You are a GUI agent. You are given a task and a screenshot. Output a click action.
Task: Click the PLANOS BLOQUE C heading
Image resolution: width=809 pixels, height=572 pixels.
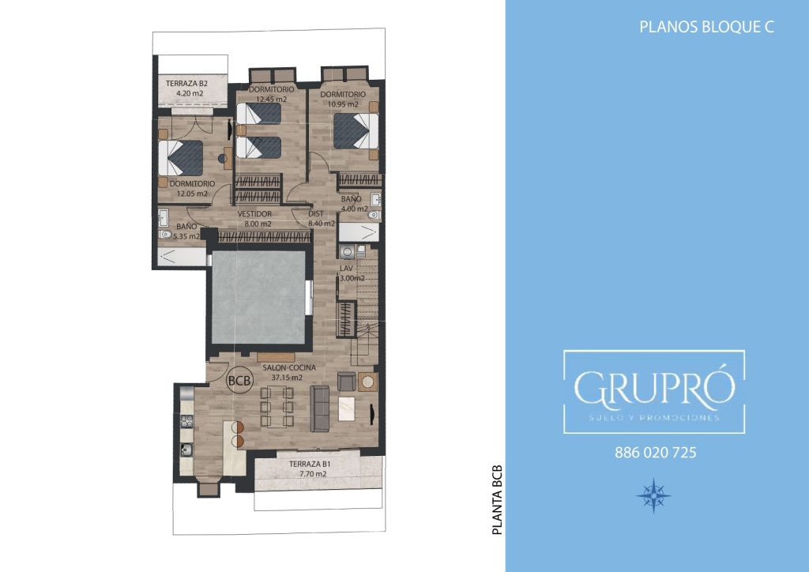[x=707, y=27]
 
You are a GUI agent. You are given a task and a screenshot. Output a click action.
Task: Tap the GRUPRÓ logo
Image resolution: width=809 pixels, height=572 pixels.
[x=654, y=392]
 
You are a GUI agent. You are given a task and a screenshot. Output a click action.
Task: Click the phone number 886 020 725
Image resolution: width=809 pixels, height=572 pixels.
[x=655, y=453]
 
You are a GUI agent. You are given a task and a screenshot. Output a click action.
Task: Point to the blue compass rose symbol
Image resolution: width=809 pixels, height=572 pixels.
[x=653, y=495]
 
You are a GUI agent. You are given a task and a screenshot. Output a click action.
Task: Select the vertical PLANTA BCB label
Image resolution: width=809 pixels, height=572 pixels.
[x=497, y=500]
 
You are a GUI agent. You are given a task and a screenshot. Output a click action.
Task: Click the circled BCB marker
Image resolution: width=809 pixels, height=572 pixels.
[x=240, y=381]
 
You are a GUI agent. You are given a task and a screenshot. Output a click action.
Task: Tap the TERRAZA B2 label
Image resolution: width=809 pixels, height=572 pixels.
[x=186, y=83]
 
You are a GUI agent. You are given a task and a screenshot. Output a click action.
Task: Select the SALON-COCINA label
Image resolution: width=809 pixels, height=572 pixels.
[x=289, y=367]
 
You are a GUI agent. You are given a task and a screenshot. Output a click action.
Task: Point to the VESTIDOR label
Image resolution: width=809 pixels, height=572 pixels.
[x=254, y=214]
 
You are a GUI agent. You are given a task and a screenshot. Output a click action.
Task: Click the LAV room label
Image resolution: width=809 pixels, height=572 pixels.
[x=346, y=269]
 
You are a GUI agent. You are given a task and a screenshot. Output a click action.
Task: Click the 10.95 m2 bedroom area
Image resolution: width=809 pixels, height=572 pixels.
[x=340, y=104]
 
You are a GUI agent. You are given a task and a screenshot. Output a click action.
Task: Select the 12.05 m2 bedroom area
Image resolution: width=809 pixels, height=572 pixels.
[x=192, y=194]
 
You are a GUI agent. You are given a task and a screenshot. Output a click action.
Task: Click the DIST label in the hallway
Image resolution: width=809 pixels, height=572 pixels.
[x=316, y=213]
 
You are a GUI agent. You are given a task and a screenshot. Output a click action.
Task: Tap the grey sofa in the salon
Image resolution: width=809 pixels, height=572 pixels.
[x=320, y=408]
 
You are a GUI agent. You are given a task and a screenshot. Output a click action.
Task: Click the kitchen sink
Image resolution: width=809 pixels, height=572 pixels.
[x=186, y=450]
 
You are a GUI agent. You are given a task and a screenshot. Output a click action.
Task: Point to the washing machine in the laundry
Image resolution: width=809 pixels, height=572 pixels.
[x=346, y=252]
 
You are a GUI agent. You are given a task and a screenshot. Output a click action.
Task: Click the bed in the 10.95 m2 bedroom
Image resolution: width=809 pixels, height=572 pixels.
[x=356, y=131]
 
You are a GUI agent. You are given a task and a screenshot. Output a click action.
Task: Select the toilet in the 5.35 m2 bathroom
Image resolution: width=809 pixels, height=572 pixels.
[x=165, y=235]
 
